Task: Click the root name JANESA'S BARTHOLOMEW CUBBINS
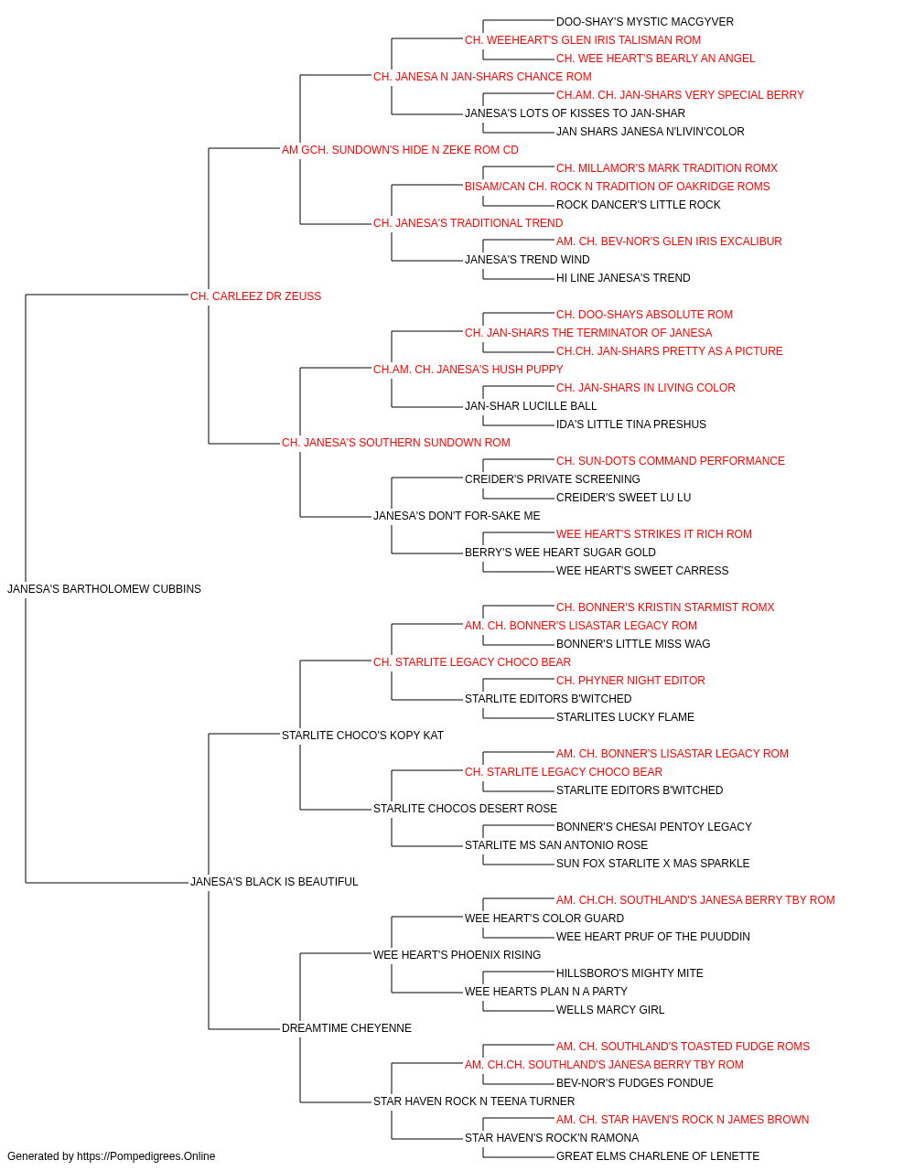click(104, 589)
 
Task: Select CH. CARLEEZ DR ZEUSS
click(255, 296)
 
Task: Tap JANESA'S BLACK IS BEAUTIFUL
click(274, 882)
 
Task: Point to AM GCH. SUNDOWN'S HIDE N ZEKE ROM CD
click(400, 150)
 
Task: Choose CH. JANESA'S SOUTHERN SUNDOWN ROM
click(395, 443)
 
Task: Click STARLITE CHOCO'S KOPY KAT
click(362, 736)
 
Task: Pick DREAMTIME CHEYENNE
click(347, 1028)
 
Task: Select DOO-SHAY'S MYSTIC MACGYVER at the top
click(644, 22)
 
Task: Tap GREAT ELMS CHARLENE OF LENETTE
click(657, 1156)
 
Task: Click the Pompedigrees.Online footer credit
click(111, 1156)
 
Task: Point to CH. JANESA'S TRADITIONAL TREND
click(468, 223)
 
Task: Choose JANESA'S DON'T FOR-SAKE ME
click(457, 516)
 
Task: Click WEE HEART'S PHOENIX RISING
click(457, 955)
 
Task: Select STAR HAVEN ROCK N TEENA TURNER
click(474, 1101)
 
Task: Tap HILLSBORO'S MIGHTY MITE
click(630, 973)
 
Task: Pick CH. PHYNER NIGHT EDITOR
click(630, 681)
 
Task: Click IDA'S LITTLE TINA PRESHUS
click(631, 424)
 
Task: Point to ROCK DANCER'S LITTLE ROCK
click(638, 205)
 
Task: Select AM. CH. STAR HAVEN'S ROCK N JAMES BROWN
click(683, 1119)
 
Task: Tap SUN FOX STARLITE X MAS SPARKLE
click(652, 864)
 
